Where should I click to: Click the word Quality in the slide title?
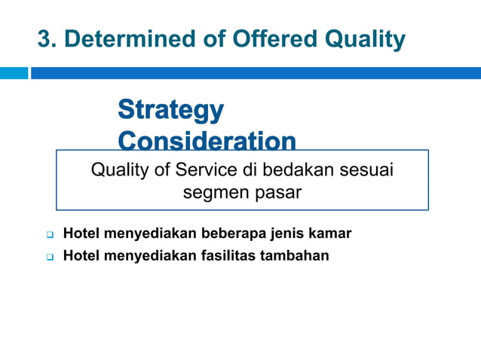point(362,38)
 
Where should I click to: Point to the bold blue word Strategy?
point(171,111)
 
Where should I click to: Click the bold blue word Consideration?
point(207,141)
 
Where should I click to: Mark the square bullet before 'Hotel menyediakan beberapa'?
point(47,234)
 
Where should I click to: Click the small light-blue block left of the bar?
point(14,73)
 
